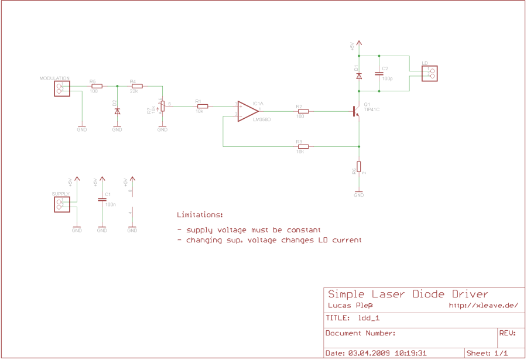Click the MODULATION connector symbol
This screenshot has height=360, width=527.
[61, 88]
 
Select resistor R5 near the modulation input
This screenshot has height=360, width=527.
[97, 86]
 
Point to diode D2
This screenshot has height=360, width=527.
[117, 111]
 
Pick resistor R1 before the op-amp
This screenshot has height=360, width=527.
[203, 106]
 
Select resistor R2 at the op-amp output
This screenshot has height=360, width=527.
[302, 111]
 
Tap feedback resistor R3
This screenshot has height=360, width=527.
[302, 146]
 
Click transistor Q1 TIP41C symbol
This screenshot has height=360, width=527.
[355, 111]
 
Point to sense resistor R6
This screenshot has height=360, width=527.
[359, 167]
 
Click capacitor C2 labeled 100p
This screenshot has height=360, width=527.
[379, 73]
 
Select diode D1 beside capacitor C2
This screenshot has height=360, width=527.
[359, 76]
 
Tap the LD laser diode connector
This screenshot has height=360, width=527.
[432, 73]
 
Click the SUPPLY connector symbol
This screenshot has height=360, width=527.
[61, 204]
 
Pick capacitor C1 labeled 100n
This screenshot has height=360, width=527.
[102, 199]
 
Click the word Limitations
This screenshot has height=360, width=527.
[200, 215]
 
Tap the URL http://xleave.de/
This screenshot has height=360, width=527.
[483, 305]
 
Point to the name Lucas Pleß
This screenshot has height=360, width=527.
[350, 305]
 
